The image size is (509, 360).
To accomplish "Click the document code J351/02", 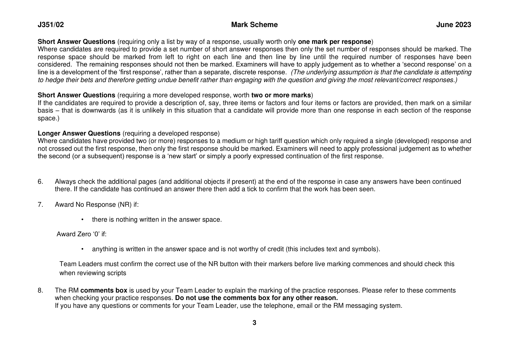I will coord(51,25).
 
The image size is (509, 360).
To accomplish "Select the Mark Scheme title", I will coord(254,25).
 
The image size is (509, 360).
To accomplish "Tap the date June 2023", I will coord(453,25).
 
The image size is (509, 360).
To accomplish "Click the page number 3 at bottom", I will coord(254,323).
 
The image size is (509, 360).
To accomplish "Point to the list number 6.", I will coord(40,182).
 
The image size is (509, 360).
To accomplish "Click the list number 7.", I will coord(40,205).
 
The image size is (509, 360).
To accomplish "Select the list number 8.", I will coord(40,290).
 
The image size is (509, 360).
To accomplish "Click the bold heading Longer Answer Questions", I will coord(79,133).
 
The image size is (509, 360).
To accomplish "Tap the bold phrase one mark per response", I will coord(335,42).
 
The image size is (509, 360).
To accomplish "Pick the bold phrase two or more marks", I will coord(281,95).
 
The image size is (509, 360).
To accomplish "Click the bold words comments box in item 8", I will coord(104,290).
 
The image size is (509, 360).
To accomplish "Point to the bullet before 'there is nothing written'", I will coord(82,220).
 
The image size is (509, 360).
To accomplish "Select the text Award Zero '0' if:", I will coord(81,234).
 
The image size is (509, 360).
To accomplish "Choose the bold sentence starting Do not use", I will coord(257,298).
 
